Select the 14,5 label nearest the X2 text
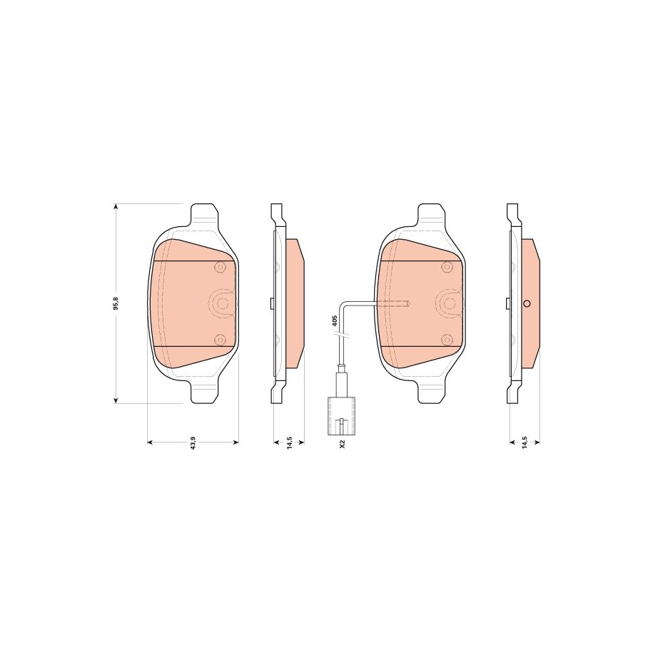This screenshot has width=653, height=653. (289, 442)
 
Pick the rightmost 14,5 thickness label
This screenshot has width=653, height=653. (525, 442)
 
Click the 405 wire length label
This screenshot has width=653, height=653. (334, 320)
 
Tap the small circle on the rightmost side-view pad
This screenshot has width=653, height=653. (526, 303)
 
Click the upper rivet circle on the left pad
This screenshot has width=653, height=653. (220, 266)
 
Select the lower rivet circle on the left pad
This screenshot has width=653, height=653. (220, 340)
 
